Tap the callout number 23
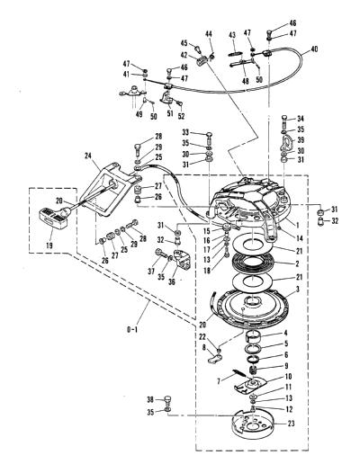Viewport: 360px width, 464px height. pos(291,424)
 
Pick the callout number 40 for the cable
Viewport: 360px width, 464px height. pos(314,49)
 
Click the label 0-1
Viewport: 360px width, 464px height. pos(132,330)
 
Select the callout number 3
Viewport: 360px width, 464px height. pos(297,290)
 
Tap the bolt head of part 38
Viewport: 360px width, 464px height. pos(168,399)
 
